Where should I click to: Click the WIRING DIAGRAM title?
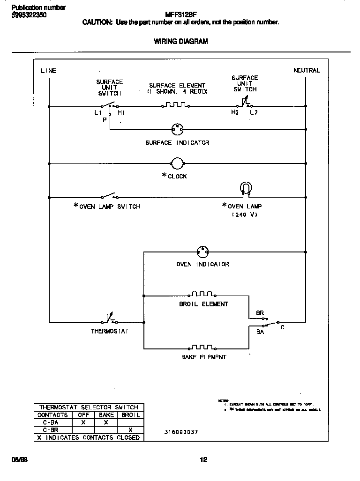tap(180, 41)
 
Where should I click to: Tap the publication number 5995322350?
tap(29, 15)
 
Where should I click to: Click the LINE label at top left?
tap(48, 71)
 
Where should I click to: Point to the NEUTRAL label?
tap(307, 70)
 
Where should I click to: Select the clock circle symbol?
tap(177, 163)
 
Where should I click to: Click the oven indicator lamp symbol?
tap(202, 252)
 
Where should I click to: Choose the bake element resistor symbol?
tap(202, 347)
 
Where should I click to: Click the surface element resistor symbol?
tap(176, 105)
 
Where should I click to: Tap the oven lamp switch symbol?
tap(109, 195)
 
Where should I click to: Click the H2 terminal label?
tap(234, 113)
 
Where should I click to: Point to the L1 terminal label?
tap(97, 113)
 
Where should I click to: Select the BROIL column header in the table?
tap(130, 415)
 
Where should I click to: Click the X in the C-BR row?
tap(130, 430)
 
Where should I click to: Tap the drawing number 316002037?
tap(181, 432)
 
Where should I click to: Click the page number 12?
tap(203, 460)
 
